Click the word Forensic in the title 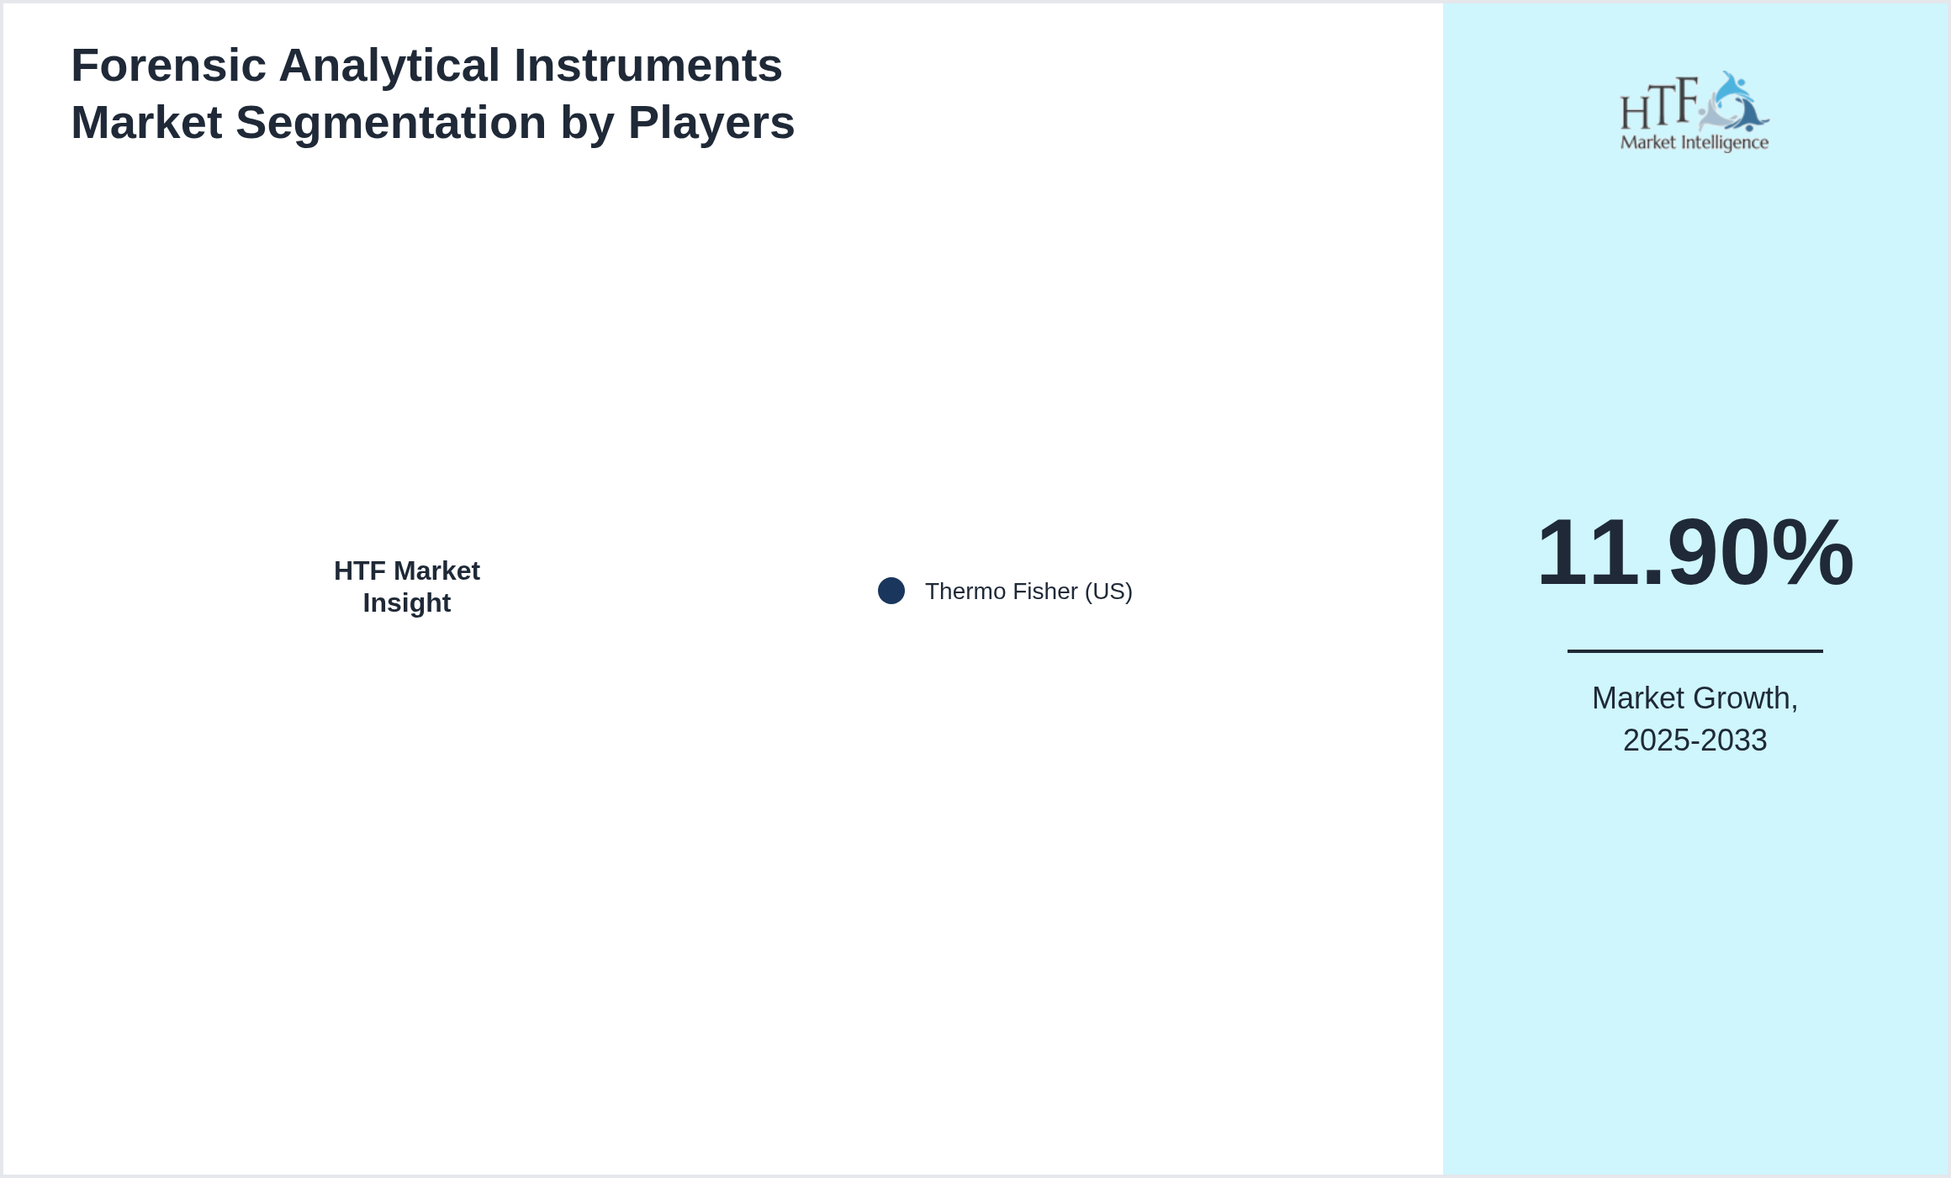coord(168,66)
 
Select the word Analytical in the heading coord(389,66)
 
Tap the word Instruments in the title coord(648,66)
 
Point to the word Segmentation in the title coord(391,124)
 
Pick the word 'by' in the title coord(588,124)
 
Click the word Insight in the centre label coord(407,603)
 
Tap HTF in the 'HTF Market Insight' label coord(360,571)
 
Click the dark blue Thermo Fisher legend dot coord(891,591)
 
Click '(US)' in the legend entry coord(1108,592)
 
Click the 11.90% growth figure coord(1695,553)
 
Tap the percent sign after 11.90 coord(1812,553)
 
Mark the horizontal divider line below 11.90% coord(1695,650)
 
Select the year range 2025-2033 coord(1695,740)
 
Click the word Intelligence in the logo coord(1722,143)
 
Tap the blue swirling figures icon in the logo coord(1733,102)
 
